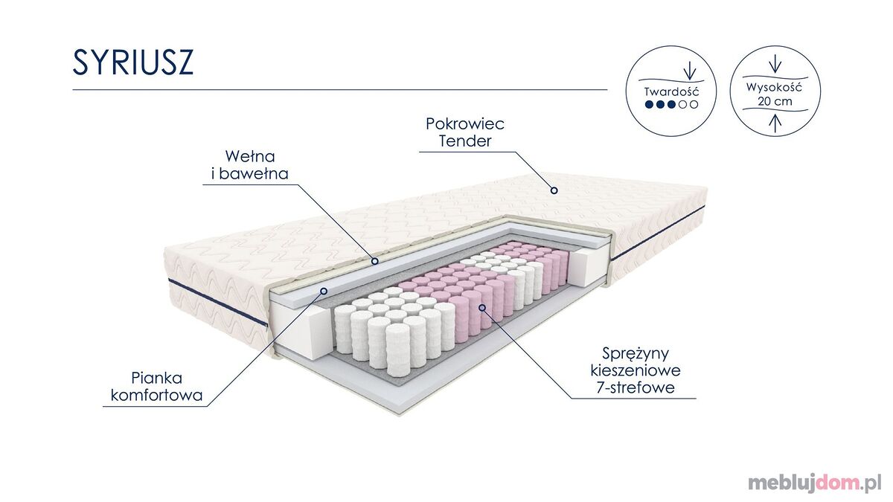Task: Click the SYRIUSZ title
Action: (132, 62)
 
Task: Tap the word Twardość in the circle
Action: (671, 91)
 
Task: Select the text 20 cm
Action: (775, 101)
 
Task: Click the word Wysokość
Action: (774, 87)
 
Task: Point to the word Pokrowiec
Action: (465, 123)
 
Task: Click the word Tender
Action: (465, 141)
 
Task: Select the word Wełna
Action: (250, 156)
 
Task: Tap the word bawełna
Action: (254, 174)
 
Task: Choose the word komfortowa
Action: (157, 395)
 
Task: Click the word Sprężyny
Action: (636, 354)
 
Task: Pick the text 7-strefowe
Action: (636, 387)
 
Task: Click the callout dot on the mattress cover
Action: (554, 190)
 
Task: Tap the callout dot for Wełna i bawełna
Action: (375, 261)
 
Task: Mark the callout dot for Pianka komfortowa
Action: (324, 292)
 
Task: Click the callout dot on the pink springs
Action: (482, 308)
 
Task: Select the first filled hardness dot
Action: (649, 104)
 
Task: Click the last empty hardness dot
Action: (694, 104)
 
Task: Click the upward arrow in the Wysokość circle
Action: (775, 123)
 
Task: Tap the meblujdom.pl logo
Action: (815, 483)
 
